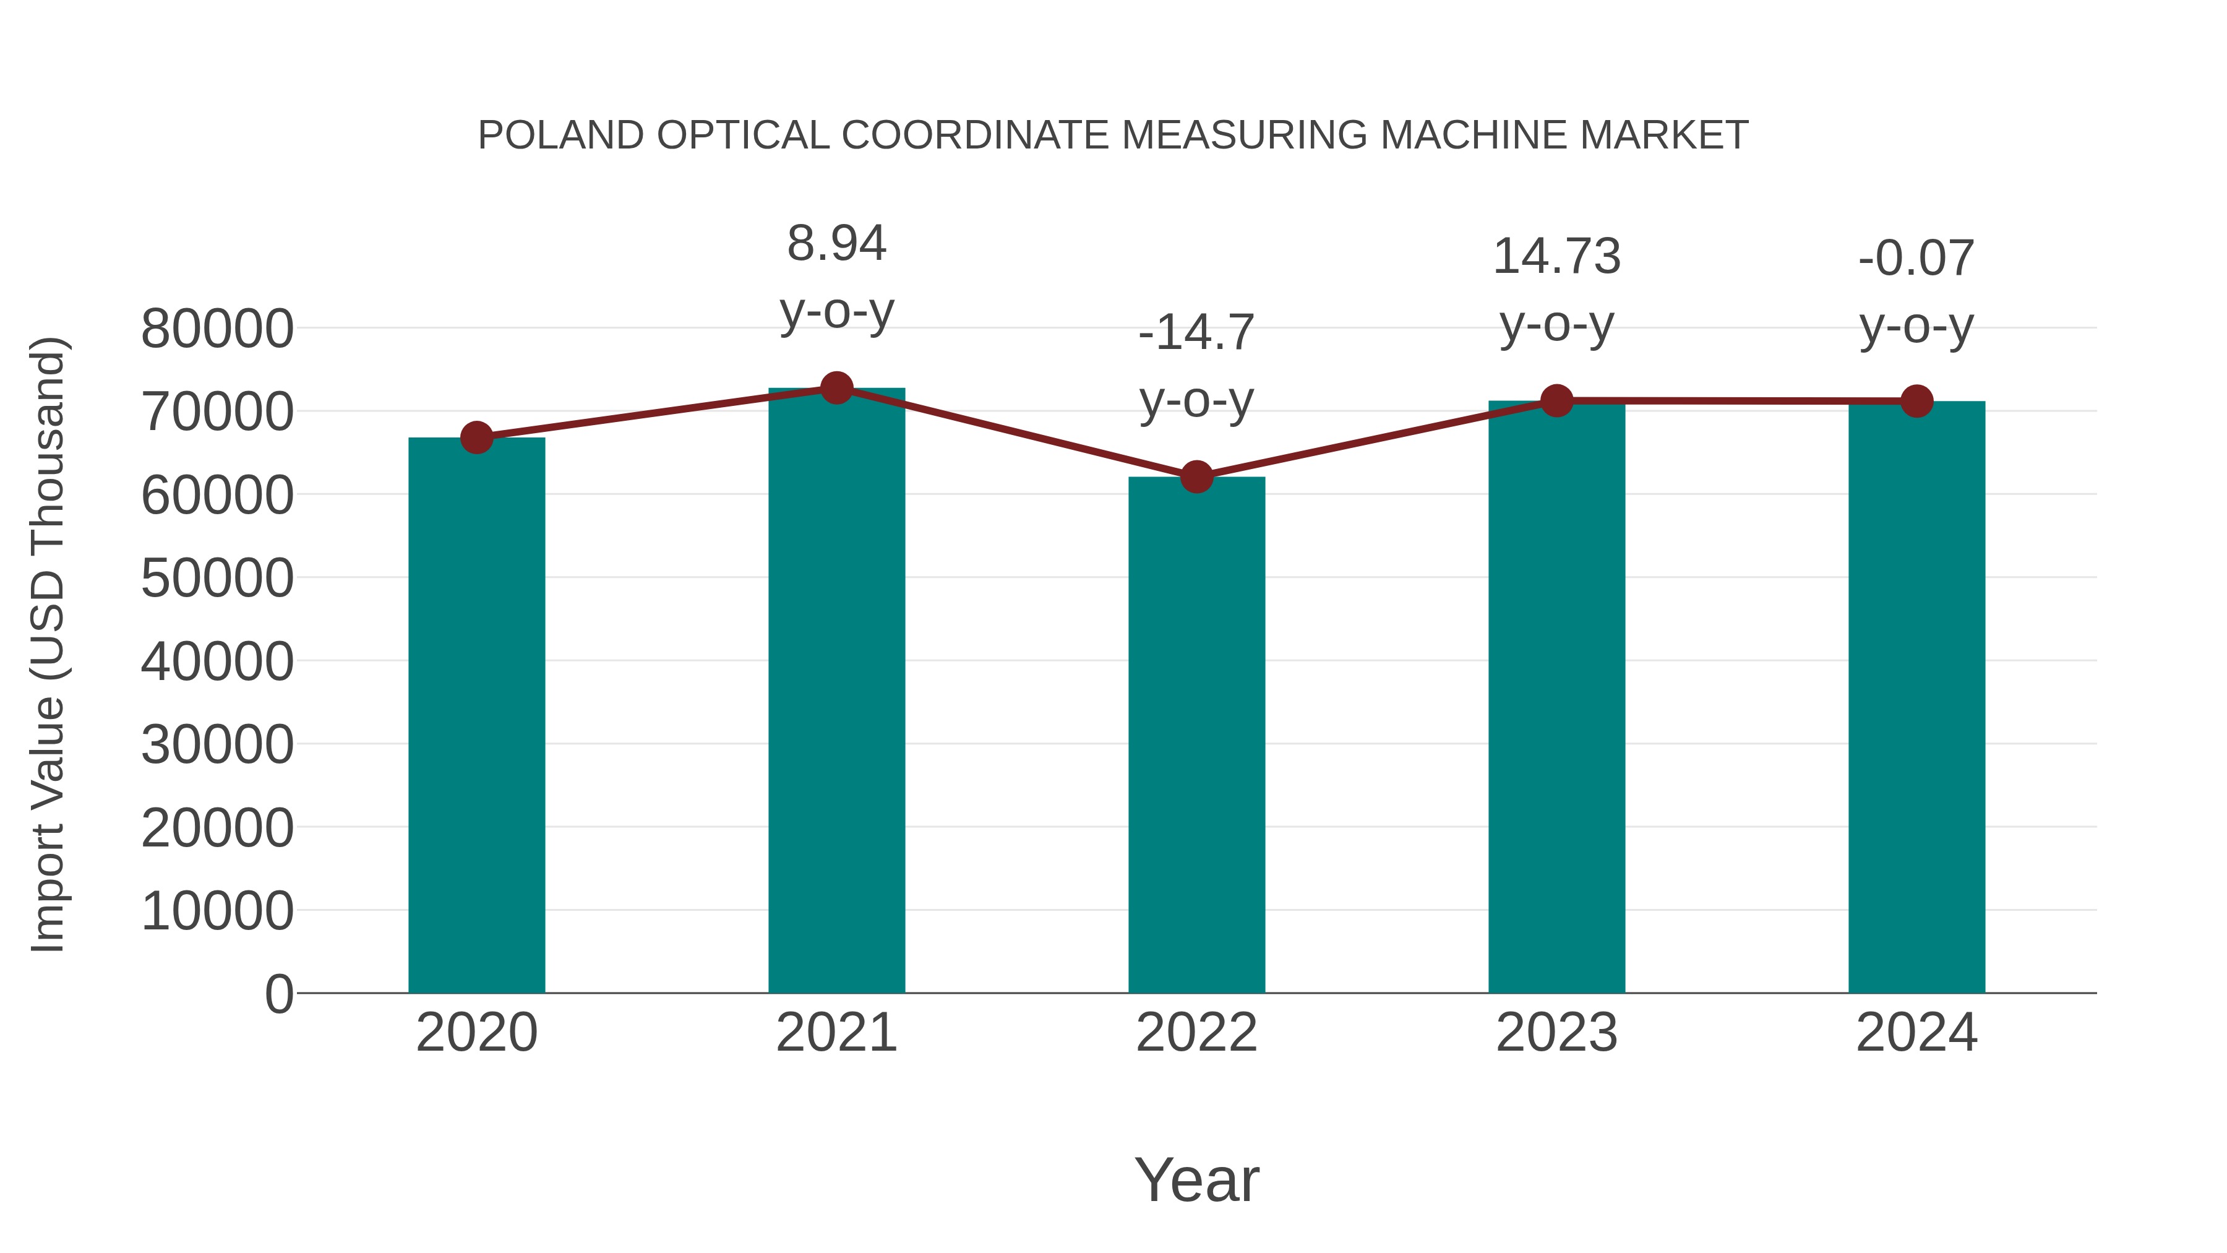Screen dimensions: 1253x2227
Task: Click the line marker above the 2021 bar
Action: tap(836, 388)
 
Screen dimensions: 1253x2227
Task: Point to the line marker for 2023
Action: tap(1556, 400)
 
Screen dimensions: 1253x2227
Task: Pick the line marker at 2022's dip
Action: tap(1196, 476)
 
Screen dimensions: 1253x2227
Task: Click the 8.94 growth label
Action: tap(836, 243)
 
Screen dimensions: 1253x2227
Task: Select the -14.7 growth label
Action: tap(1196, 333)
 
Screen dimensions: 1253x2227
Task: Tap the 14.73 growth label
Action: tap(1556, 257)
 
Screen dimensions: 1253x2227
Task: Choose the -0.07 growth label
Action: tap(1916, 259)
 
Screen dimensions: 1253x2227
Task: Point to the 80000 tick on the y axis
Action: tap(217, 329)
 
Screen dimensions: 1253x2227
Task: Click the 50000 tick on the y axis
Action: tap(217, 578)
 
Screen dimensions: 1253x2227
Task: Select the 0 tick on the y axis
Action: tap(279, 994)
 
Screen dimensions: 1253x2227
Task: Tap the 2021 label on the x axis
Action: tap(836, 1033)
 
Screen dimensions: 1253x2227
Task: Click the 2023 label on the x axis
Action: tap(1556, 1033)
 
